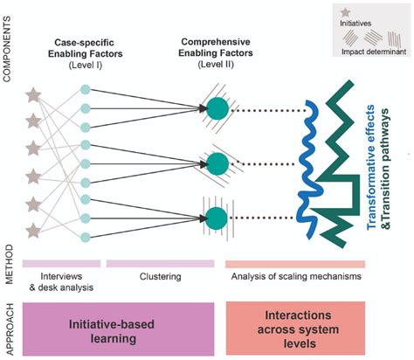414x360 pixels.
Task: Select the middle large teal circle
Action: [x=217, y=163]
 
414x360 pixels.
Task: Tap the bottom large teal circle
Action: [x=217, y=215]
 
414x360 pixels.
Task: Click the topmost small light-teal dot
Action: [x=85, y=90]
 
